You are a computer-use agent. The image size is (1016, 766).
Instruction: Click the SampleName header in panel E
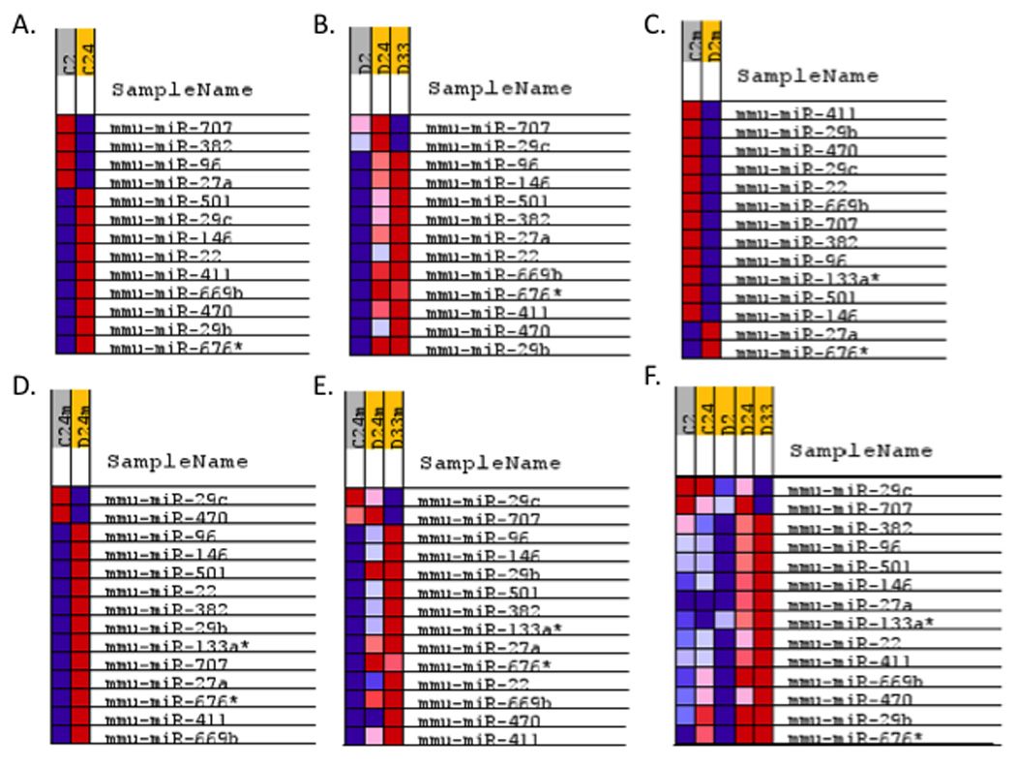pyautogui.click(x=489, y=463)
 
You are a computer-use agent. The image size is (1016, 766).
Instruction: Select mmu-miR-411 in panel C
pyautogui.click(x=785, y=112)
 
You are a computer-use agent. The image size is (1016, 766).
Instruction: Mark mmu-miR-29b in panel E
pyautogui.click(x=467, y=574)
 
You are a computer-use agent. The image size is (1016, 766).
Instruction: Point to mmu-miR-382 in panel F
pyautogui.click(x=836, y=527)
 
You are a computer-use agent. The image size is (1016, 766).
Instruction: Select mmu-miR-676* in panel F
pyautogui.click(x=840, y=739)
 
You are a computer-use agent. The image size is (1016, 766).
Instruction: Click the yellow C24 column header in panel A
pyautogui.click(x=85, y=48)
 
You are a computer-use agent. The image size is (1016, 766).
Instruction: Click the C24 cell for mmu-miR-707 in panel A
pyautogui.click(x=85, y=126)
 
